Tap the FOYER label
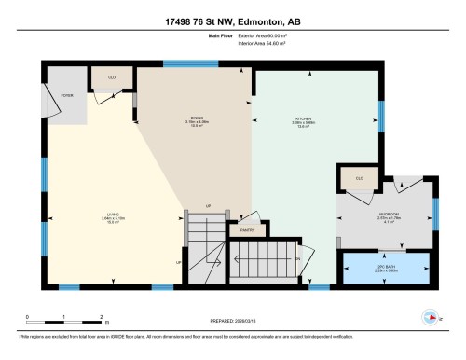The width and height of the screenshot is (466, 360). [67, 96]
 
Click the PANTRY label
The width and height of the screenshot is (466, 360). [247, 229]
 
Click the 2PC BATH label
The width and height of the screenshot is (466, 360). [386, 268]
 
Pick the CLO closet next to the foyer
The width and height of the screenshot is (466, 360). [112, 77]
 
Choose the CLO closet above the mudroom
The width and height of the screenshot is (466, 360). [359, 177]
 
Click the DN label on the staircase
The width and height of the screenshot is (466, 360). [297, 258]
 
